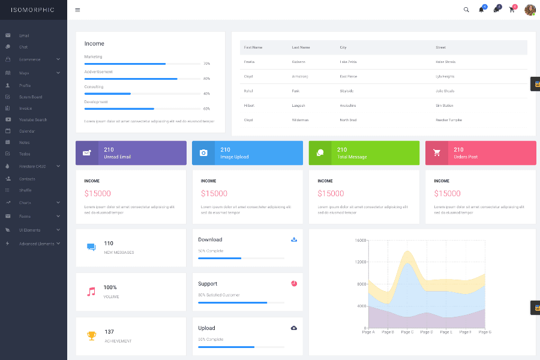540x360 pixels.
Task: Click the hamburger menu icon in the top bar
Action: point(77,10)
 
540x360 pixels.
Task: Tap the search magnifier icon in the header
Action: point(466,10)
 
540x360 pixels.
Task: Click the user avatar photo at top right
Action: point(530,10)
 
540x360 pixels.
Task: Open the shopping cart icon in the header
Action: point(512,10)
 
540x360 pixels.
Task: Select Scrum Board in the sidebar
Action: point(30,97)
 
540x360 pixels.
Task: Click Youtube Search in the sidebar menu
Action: point(32,119)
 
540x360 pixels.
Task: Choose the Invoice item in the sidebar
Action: point(25,108)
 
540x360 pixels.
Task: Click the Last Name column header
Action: point(301,47)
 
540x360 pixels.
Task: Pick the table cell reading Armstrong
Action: point(300,76)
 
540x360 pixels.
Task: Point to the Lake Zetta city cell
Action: point(348,62)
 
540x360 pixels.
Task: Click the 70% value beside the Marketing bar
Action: point(206,64)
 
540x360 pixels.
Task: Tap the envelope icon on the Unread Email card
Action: point(87,153)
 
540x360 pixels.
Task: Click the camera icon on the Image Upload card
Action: point(203,153)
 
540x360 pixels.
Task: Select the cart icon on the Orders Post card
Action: point(437,153)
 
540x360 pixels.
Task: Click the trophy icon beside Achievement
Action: point(91,336)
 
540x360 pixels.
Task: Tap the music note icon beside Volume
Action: point(91,292)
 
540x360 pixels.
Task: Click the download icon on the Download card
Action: point(294,239)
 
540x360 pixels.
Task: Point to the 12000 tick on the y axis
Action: point(360,262)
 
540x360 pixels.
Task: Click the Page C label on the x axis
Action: point(407,332)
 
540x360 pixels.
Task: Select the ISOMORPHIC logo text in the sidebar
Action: point(33,10)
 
